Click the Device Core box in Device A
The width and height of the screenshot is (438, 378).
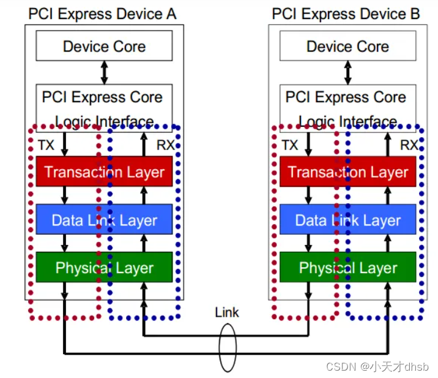pyautogui.click(x=104, y=46)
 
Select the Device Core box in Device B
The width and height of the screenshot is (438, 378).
pyautogui.click(x=347, y=46)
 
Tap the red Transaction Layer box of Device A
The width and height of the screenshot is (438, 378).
pyautogui.click(x=104, y=172)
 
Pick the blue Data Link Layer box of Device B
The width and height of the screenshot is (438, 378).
pyautogui.click(x=347, y=220)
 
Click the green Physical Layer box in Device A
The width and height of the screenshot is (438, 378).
pyautogui.click(x=104, y=267)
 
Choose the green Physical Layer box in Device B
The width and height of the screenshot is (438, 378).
pyautogui.click(x=347, y=267)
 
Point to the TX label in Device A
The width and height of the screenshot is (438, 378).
pyautogui.click(x=45, y=145)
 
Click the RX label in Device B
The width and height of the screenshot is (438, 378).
pyautogui.click(x=409, y=145)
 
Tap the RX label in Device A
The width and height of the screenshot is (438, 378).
pyautogui.click(x=166, y=145)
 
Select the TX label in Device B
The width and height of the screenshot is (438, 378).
pyautogui.click(x=289, y=145)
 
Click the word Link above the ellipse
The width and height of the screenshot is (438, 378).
pyautogui.click(x=227, y=312)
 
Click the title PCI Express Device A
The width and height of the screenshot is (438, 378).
pyautogui.click(x=102, y=13)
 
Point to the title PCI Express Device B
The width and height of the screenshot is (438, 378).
pyautogui.click(x=346, y=13)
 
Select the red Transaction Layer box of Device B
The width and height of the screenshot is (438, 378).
pyautogui.click(x=347, y=172)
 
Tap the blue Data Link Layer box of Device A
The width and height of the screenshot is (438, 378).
pyautogui.click(x=104, y=220)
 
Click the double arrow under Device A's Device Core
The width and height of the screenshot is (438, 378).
pyautogui.click(x=104, y=73)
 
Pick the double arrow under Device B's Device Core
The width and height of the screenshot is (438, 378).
pyautogui.click(x=347, y=73)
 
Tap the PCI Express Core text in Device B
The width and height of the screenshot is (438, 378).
pyautogui.click(x=346, y=97)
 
